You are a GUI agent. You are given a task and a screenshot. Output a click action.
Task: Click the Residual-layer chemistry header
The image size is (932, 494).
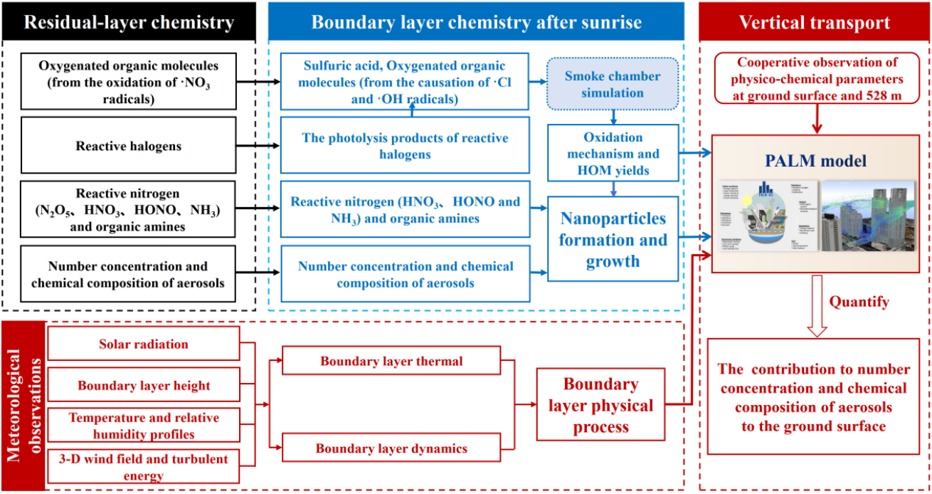point(129,22)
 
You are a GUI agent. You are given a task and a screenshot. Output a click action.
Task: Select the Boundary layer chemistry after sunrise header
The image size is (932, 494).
point(476,22)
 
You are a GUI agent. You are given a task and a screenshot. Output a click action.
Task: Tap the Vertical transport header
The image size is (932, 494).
point(814,22)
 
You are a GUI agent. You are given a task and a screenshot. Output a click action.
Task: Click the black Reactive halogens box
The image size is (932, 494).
point(129,146)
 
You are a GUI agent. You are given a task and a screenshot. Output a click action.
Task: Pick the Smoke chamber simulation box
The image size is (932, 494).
point(614,84)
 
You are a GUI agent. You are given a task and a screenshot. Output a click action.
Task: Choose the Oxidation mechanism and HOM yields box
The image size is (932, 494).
point(614,154)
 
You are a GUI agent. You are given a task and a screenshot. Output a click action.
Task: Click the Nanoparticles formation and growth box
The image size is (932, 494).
point(613,239)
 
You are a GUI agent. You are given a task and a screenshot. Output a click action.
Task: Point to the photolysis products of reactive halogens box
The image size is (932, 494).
point(405,146)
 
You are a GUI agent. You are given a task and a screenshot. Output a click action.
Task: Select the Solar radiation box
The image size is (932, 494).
point(143,344)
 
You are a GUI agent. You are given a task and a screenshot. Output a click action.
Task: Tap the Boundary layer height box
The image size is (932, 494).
point(143,386)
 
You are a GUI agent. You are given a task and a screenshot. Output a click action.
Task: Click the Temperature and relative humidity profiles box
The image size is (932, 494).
point(143,426)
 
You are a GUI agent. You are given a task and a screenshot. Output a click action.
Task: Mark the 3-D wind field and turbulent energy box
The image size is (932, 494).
point(143,467)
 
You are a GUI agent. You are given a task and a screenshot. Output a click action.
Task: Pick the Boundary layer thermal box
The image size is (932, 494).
point(391,361)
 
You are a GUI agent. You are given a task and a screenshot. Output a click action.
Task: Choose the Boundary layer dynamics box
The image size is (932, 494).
point(391,448)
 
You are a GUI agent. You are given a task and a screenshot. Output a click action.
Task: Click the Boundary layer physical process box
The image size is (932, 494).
point(600,405)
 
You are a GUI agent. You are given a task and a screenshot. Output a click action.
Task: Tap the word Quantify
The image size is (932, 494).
point(859,302)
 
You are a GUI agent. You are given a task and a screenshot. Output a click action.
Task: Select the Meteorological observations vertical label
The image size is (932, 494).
point(23,405)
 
